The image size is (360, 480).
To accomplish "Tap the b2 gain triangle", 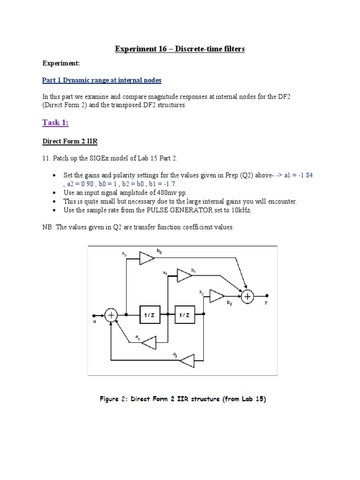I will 217,296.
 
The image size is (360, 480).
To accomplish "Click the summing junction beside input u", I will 112,315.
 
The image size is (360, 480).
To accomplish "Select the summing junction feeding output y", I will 247,296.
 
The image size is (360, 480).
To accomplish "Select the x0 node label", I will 124,254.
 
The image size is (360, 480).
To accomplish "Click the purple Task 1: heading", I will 55,122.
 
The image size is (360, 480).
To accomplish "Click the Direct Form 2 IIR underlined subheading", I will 70,141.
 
